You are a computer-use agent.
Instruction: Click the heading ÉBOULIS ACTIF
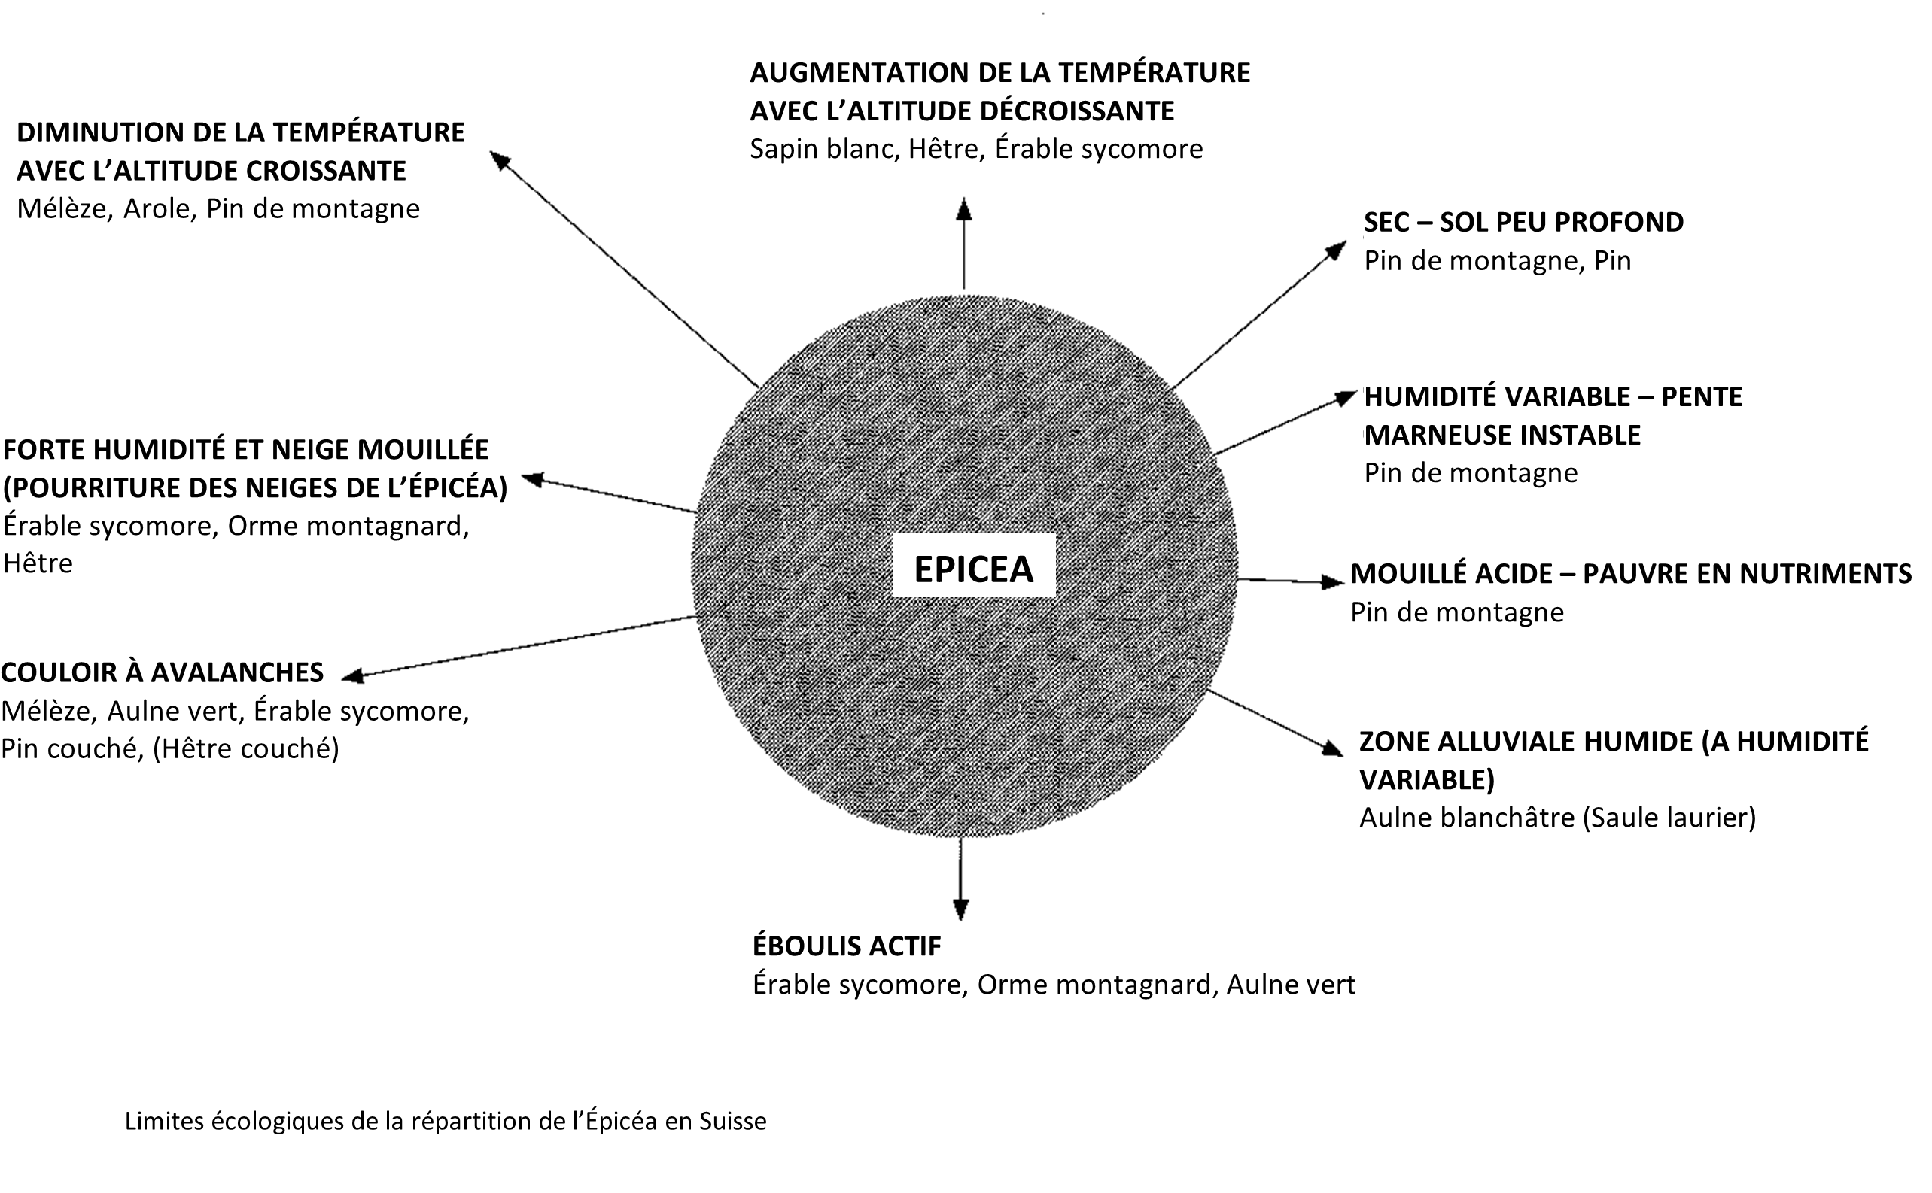click(x=847, y=946)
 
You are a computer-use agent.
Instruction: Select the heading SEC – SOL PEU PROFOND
click(x=1523, y=223)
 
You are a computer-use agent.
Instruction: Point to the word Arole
click(x=160, y=209)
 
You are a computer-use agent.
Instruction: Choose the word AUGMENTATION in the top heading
click(x=859, y=73)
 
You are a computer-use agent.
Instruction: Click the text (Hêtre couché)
click(x=245, y=748)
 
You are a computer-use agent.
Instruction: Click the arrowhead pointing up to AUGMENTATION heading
click(x=963, y=209)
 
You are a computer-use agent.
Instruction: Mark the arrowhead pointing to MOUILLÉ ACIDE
click(x=1333, y=582)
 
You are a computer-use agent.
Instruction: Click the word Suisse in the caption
click(x=732, y=1122)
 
